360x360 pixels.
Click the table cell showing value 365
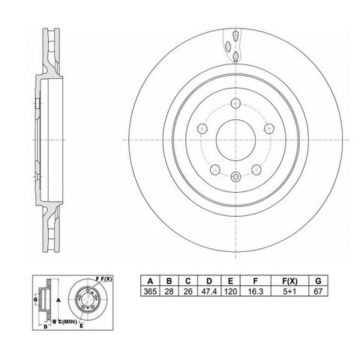(150, 291)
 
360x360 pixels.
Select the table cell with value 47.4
(209, 291)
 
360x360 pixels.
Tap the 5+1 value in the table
(289, 291)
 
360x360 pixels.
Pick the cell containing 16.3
(255, 291)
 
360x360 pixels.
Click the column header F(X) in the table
(289, 281)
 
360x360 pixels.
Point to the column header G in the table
(318, 281)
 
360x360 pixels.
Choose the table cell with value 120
(230, 291)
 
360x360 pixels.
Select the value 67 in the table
(318, 291)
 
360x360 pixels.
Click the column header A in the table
(150, 281)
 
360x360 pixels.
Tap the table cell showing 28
(169, 291)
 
